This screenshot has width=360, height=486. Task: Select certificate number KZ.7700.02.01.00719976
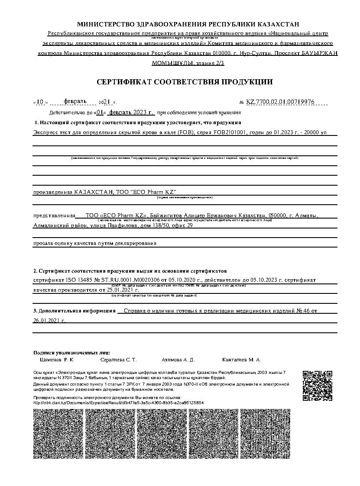(280, 102)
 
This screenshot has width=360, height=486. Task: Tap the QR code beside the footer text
(317, 386)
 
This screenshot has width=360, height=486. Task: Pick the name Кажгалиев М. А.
(241, 360)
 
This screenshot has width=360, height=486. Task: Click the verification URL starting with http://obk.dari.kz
(118, 402)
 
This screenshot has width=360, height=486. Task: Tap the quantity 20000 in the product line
(310, 133)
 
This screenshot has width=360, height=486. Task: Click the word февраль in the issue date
(75, 101)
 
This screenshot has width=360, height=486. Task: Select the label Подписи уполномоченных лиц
(71, 352)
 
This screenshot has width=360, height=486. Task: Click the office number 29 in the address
(189, 225)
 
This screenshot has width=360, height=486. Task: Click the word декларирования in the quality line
(135, 243)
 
